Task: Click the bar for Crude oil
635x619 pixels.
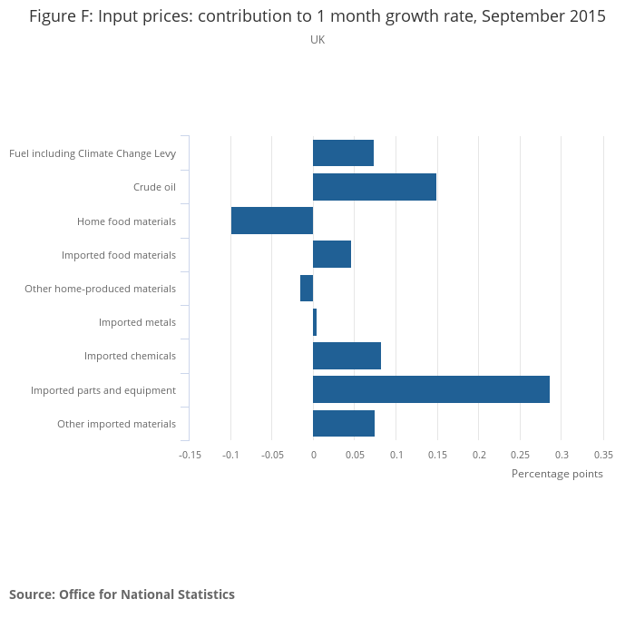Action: (x=375, y=187)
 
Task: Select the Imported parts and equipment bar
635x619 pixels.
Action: (x=431, y=389)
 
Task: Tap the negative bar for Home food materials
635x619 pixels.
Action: (x=272, y=221)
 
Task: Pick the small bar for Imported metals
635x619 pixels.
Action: (x=315, y=322)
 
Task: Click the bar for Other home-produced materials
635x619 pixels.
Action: (x=307, y=289)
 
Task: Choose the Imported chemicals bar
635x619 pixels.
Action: (x=347, y=356)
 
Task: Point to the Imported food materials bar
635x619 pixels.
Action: (x=332, y=254)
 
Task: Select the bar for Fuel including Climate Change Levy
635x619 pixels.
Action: (x=343, y=153)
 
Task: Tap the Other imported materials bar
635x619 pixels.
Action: (x=344, y=423)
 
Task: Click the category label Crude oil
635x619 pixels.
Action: (x=154, y=188)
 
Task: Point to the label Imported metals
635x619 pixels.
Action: (x=137, y=322)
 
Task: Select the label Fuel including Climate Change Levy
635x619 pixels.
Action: (x=93, y=153)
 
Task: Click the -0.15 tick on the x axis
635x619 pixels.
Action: (x=190, y=454)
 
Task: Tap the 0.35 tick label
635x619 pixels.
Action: (x=603, y=454)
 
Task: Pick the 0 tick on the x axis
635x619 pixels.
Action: (x=313, y=454)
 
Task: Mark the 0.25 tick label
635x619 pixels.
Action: (x=520, y=454)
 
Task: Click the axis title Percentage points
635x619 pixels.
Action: (x=557, y=474)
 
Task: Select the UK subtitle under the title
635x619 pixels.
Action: (x=317, y=40)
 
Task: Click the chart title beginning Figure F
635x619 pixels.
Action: (x=317, y=17)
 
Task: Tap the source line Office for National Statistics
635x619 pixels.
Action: (x=122, y=594)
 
